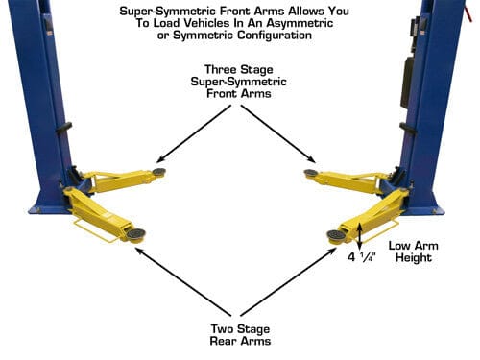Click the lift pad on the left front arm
point(159,172)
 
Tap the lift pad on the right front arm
point(310,173)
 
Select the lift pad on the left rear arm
point(135,234)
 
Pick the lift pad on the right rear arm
point(336,235)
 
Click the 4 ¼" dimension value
point(362,257)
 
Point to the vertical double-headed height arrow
point(360,236)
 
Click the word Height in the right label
point(414,258)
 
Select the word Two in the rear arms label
point(223,328)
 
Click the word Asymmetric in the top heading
point(300,23)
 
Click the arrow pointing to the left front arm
point(194,133)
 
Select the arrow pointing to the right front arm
point(277,133)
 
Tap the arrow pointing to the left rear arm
point(183,281)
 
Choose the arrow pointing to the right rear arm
point(287,282)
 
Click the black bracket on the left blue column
point(64,128)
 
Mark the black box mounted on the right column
point(406,83)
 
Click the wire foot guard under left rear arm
point(96,230)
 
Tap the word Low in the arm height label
point(399,246)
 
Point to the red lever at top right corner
point(468,12)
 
